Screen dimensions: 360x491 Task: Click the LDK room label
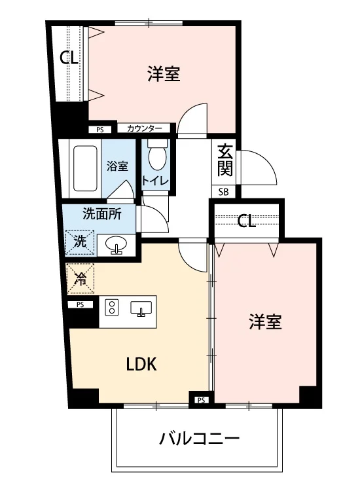click(x=141, y=364)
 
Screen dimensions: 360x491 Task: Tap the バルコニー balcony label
click(x=199, y=438)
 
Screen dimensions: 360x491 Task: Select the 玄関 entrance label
click(x=225, y=160)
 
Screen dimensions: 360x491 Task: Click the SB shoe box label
click(x=223, y=192)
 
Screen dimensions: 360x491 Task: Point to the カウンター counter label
click(x=144, y=128)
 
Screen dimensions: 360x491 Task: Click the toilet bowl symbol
click(x=157, y=156)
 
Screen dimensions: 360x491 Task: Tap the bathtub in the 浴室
click(x=85, y=168)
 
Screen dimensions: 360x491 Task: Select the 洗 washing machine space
click(x=80, y=242)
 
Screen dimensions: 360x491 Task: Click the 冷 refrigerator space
click(x=81, y=278)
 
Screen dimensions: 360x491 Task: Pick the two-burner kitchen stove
click(x=112, y=307)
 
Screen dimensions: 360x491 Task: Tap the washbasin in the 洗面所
click(x=116, y=244)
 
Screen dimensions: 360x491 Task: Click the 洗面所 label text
click(x=101, y=214)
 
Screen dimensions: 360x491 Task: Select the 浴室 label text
click(x=117, y=166)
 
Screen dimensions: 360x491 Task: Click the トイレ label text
click(x=155, y=181)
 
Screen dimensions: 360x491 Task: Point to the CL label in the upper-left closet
click(x=69, y=58)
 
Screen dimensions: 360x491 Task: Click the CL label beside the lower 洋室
click(x=246, y=221)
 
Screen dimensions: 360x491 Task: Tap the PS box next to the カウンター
click(x=100, y=130)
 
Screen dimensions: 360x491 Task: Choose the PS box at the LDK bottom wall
click(x=202, y=400)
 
